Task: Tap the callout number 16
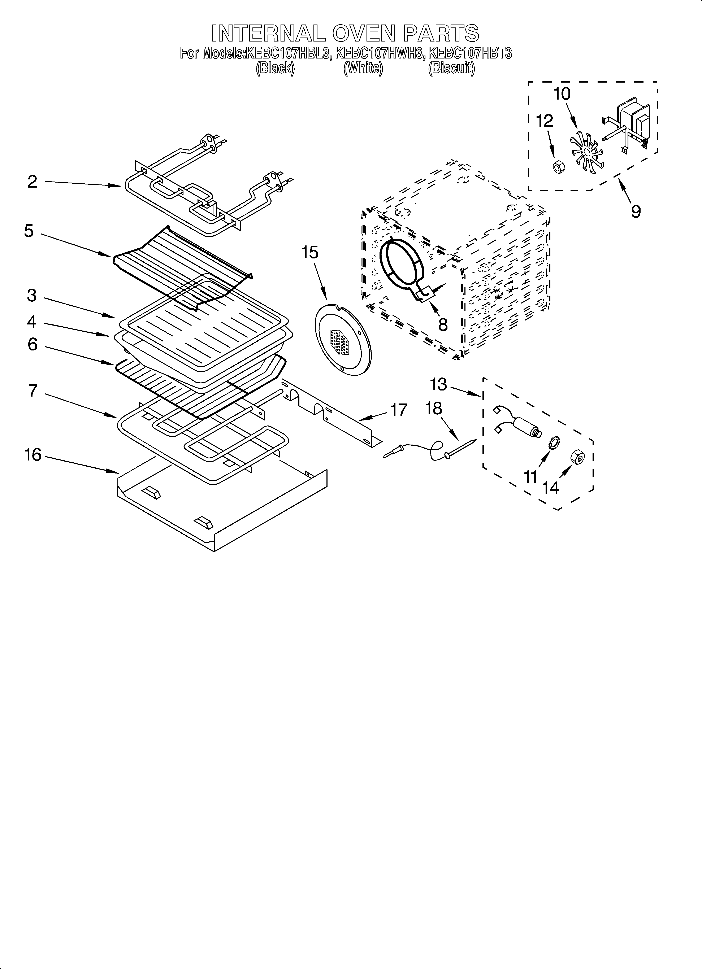33,455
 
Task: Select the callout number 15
310,253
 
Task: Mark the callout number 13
438,385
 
